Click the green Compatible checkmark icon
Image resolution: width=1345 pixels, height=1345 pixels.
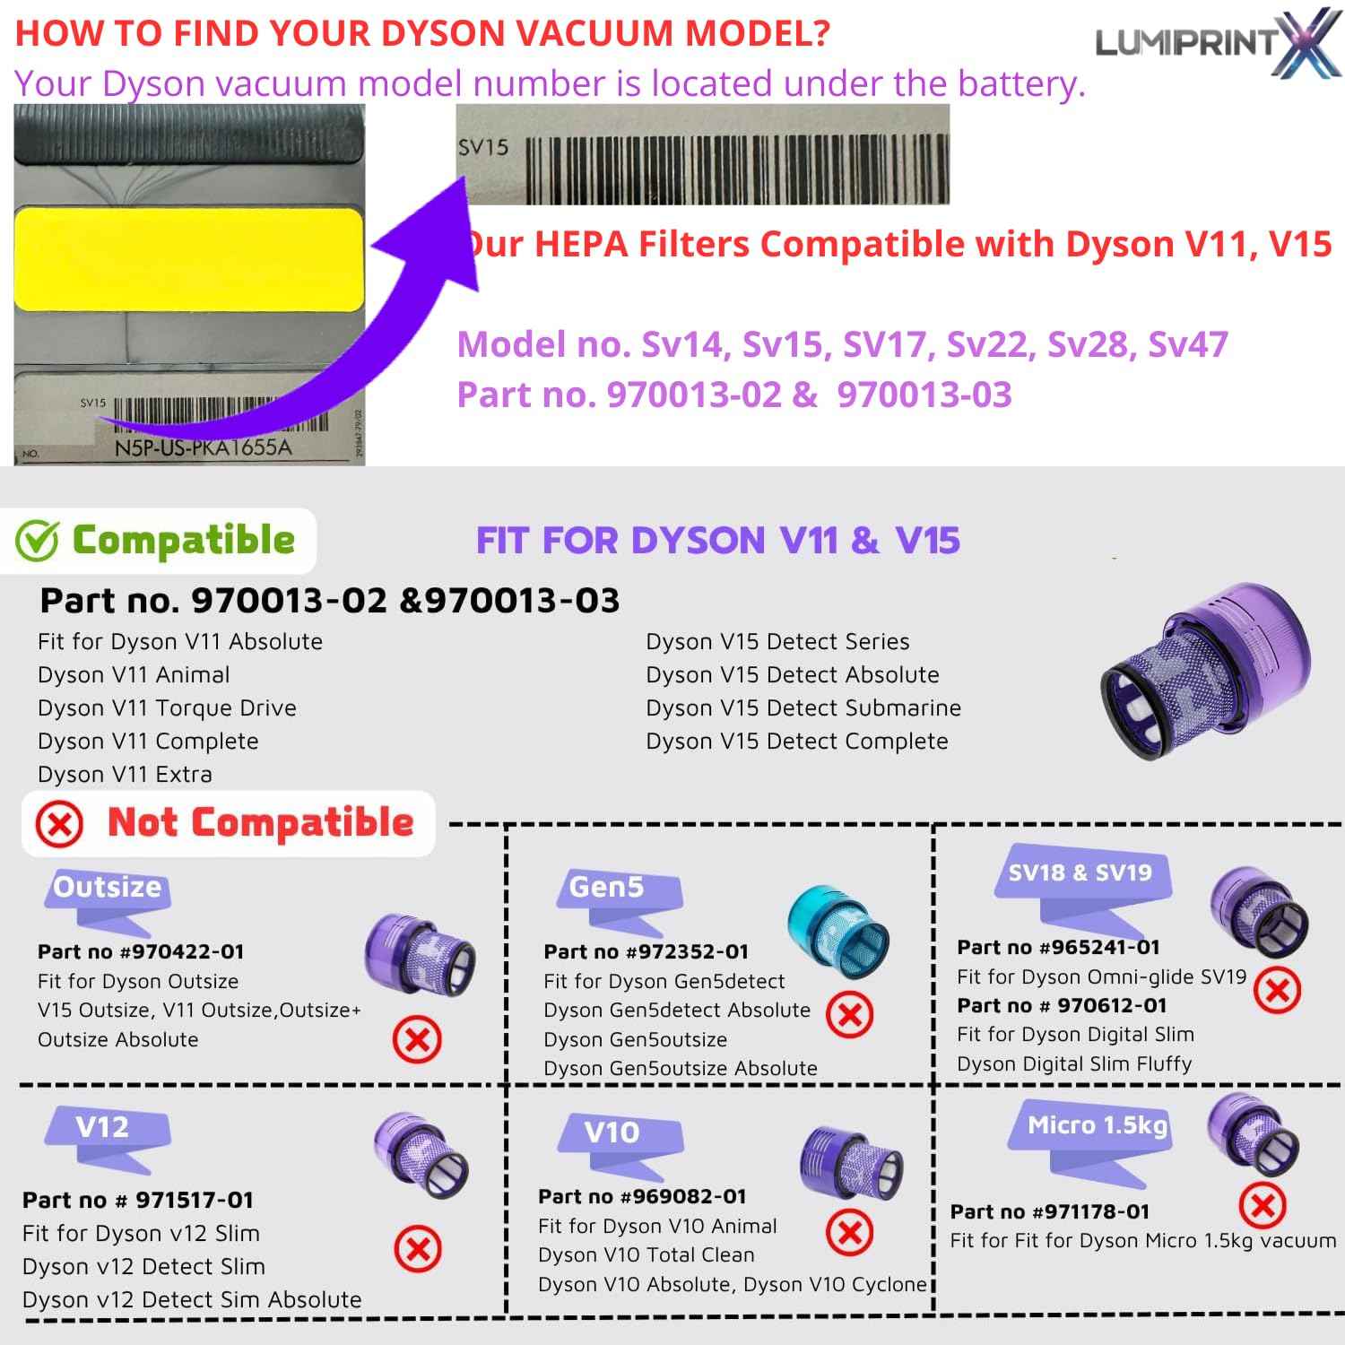point(38,541)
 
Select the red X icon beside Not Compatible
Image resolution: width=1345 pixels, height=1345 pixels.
point(60,824)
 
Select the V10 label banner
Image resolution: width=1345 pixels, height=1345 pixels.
point(612,1132)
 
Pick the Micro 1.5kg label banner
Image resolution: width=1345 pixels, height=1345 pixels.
point(1097,1125)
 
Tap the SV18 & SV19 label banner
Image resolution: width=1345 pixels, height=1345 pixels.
point(1080,872)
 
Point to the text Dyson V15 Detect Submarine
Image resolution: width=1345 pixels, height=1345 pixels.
point(803,708)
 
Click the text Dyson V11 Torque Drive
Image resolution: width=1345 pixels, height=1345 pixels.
point(167,708)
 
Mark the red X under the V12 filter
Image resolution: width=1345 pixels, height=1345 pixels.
point(417,1249)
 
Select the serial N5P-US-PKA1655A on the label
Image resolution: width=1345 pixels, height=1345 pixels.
point(204,447)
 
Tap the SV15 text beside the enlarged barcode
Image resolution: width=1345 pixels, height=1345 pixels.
point(483,146)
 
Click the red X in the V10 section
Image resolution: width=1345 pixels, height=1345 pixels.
point(849,1233)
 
